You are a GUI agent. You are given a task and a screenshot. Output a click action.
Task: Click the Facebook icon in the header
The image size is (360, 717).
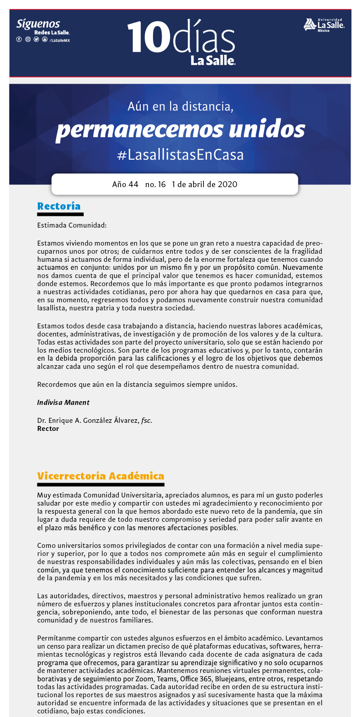click(19, 40)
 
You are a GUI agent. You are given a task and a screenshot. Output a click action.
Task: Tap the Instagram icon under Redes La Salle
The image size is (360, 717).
click(28, 40)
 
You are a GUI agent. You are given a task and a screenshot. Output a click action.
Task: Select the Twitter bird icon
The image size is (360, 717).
click(36, 40)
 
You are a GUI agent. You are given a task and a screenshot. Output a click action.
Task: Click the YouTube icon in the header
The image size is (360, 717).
click(45, 40)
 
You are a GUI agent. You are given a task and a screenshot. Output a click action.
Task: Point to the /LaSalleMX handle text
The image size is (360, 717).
click(59, 40)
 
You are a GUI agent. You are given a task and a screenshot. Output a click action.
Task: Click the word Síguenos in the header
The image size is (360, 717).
click(38, 24)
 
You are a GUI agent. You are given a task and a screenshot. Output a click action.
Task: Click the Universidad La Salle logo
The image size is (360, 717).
click(324, 25)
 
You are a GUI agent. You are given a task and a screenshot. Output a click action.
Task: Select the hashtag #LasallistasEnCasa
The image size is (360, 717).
click(180, 155)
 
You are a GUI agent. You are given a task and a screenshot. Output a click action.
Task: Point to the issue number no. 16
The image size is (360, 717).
click(155, 184)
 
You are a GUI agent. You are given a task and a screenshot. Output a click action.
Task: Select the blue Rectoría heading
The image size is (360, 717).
click(59, 206)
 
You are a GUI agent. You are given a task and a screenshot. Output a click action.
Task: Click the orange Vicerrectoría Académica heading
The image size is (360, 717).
click(100, 476)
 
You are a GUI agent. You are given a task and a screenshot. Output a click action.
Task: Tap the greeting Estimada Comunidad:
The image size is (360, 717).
click(72, 225)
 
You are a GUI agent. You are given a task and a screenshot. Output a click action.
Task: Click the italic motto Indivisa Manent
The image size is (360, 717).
click(63, 403)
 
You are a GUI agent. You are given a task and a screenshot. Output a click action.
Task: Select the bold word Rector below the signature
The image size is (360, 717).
click(48, 429)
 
